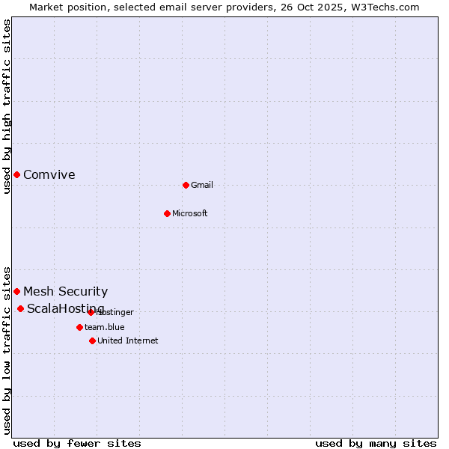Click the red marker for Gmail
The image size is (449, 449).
[x=186, y=185]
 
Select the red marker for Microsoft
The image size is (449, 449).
[x=167, y=213]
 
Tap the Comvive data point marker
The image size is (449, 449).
[x=16, y=174]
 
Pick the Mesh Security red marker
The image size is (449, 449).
[x=16, y=291]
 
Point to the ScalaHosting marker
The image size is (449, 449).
[x=20, y=308]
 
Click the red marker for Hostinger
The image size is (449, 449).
[x=91, y=312]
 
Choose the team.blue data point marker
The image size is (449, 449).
[x=79, y=327]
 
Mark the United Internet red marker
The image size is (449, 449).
[x=92, y=340]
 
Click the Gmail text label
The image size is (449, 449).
[x=202, y=185]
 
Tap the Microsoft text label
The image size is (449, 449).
[x=190, y=213]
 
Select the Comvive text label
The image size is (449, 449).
[x=49, y=175]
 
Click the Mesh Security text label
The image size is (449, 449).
[x=66, y=292]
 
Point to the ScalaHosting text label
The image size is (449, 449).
[x=66, y=309]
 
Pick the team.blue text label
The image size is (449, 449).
[x=105, y=327]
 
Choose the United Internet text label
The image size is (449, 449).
[x=128, y=340]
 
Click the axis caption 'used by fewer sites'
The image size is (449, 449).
[x=77, y=443]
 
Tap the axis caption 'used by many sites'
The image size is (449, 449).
[x=376, y=443]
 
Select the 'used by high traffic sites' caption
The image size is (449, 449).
[x=7, y=107]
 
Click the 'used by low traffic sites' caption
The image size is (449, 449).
[x=7, y=349]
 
